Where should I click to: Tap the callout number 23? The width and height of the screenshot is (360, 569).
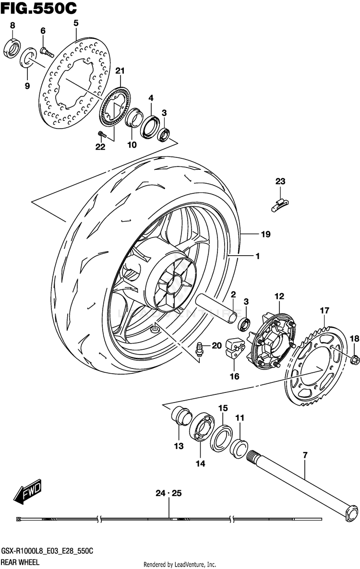pos(280,181)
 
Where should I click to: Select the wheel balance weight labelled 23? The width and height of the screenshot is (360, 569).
pos(280,205)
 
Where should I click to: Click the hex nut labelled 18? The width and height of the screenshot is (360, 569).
pos(355,360)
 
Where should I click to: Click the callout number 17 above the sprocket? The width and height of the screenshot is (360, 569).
pos(324,310)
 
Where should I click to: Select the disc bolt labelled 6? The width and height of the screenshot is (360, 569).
pos(47,53)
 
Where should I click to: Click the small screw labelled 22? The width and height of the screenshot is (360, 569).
pos(102,135)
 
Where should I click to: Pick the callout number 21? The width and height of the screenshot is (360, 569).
pos(120,71)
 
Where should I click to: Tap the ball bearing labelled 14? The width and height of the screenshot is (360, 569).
pos(202,427)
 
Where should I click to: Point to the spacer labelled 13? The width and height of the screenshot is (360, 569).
pos(181,416)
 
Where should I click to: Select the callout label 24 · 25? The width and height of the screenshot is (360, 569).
pos(168,493)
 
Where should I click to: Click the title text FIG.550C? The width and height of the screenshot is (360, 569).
pos(38,8)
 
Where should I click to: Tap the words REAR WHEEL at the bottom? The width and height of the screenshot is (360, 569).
pos(20,562)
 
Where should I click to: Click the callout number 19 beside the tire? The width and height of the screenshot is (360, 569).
pos(265,234)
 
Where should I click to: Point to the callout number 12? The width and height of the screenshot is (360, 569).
pos(279,296)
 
